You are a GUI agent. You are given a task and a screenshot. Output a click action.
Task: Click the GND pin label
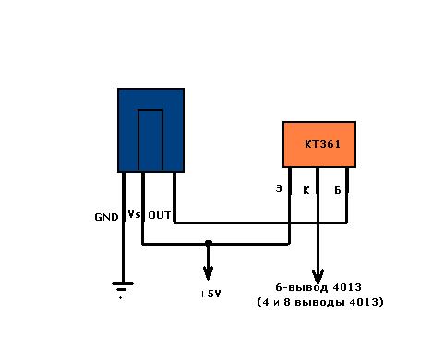(106, 217)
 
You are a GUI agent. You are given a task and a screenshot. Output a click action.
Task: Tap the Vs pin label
(135, 214)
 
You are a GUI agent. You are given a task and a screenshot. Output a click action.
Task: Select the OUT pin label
(160, 215)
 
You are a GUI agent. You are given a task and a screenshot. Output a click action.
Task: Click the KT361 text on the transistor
(322, 144)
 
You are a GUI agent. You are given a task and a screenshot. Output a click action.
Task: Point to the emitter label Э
(279, 188)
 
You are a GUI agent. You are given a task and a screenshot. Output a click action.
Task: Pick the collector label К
(306, 190)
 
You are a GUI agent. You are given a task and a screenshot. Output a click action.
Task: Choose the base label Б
(338, 190)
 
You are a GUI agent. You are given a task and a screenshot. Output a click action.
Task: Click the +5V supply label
(210, 294)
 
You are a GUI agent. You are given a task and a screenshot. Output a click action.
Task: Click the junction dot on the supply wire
(209, 244)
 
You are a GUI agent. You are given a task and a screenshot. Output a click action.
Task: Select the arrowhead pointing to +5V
(209, 273)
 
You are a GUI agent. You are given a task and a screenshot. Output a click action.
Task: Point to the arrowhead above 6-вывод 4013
(318, 277)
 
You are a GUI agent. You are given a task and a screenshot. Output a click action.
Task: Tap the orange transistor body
(319, 144)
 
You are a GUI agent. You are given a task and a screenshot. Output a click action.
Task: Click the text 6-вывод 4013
(318, 287)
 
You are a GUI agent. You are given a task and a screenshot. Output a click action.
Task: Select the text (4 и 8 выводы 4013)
(320, 302)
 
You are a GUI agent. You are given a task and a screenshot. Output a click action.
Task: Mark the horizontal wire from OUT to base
(261, 222)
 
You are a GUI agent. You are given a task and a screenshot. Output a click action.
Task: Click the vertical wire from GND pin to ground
(124, 227)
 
